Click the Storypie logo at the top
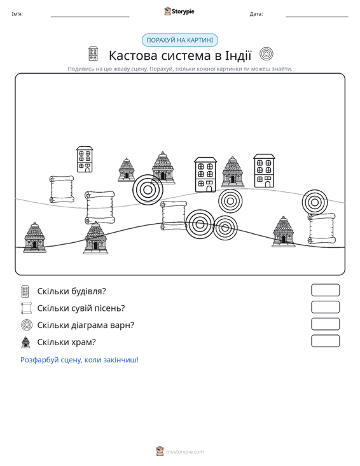(179, 11)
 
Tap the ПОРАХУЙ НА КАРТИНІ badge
(180, 40)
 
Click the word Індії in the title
(238, 55)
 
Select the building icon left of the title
(93, 54)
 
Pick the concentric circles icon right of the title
(267, 54)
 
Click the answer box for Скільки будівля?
(326, 290)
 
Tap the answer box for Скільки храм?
(326, 341)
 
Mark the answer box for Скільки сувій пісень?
(326, 307)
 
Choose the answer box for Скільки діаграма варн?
(326, 324)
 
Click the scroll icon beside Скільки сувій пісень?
(27, 308)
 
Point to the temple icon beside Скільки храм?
(26, 342)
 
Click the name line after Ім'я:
(90, 17)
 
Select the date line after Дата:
(317, 17)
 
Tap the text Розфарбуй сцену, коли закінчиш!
(80, 360)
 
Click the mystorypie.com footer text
(185, 452)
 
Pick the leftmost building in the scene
(85, 159)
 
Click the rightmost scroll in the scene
(322, 228)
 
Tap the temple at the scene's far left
(35, 237)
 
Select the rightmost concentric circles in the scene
(315, 202)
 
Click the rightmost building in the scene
(264, 170)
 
